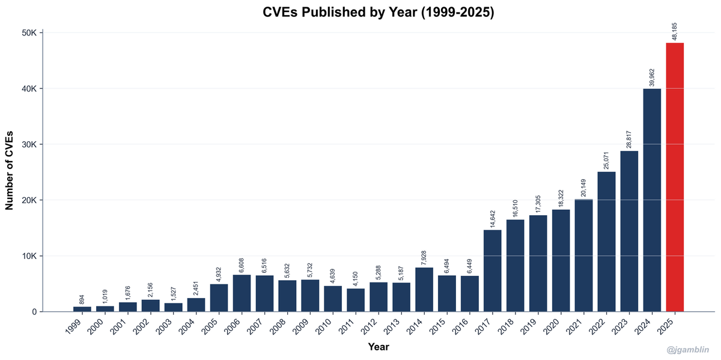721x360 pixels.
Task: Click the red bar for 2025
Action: coord(675,177)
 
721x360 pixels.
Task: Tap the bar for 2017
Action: coord(493,270)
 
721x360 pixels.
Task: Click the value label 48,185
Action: coord(675,31)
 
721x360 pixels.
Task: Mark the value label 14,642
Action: coord(493,218)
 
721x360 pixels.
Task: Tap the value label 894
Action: coord(82,299)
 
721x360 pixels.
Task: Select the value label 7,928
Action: coord(424,257)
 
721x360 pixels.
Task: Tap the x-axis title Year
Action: coord(379,347)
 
